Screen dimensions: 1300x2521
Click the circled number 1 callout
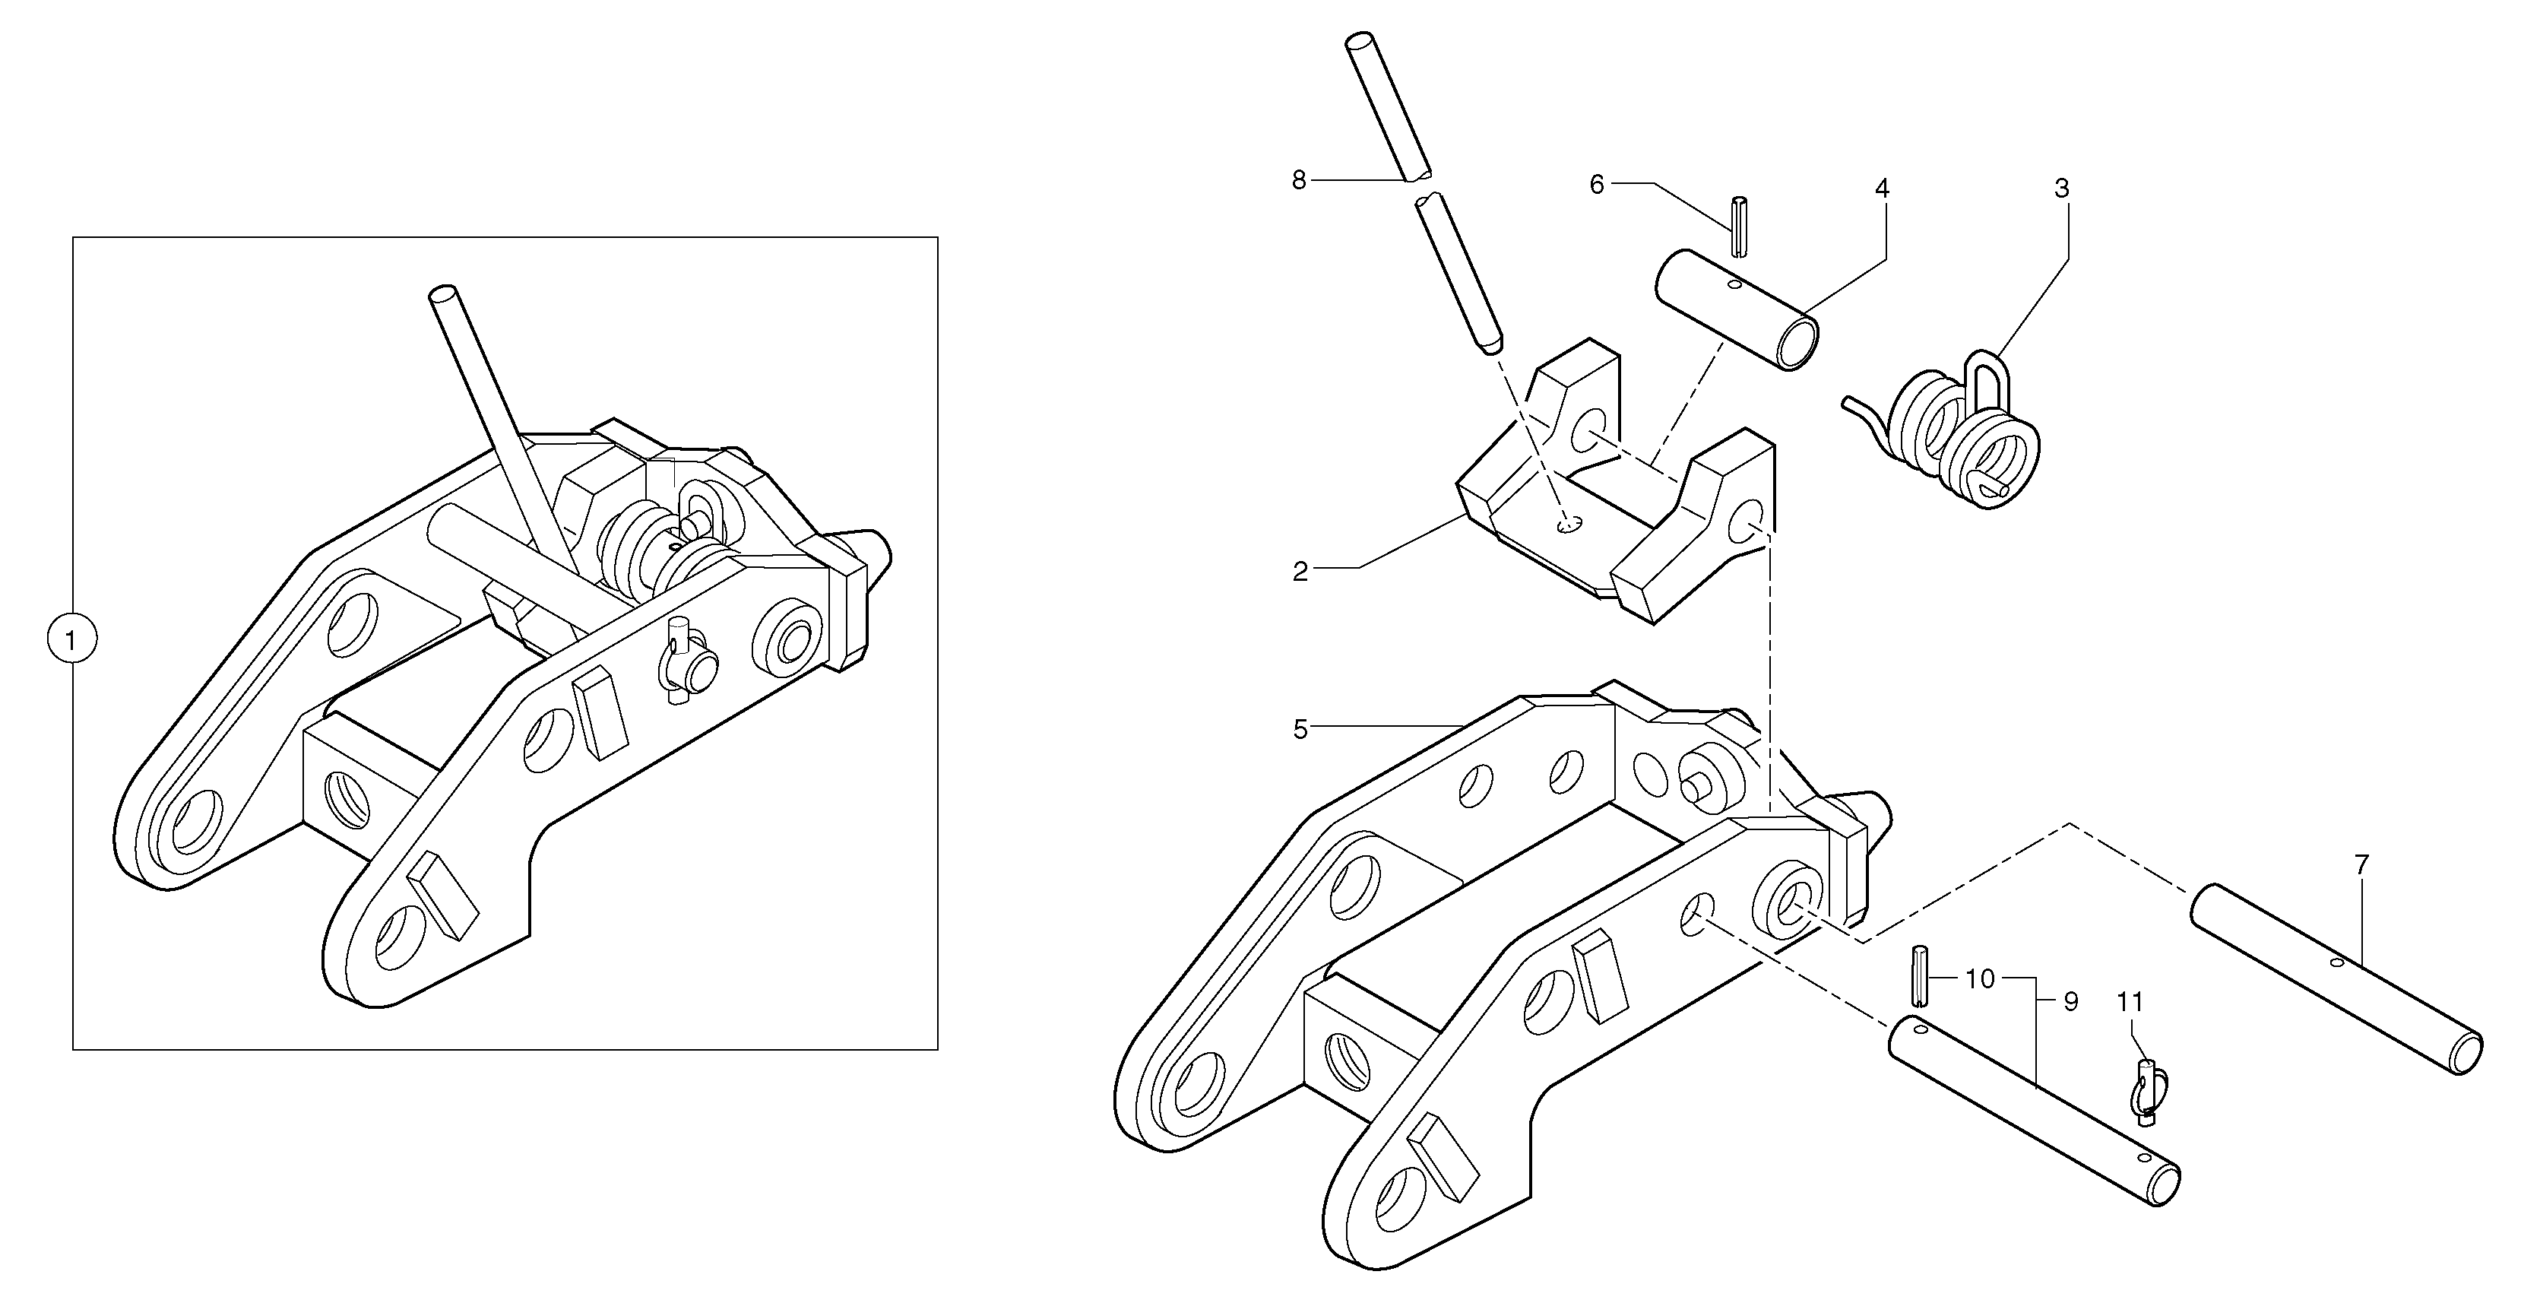pos(71,640)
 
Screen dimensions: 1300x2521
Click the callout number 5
pos(1300,729)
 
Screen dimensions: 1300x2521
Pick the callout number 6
pos(1596,185)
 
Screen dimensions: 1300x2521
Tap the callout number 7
pos(2361,865)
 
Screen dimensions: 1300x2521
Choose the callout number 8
pos(1299,180)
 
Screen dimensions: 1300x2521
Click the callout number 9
pos(2070,1003)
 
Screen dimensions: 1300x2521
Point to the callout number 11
pos(2130,1003)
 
